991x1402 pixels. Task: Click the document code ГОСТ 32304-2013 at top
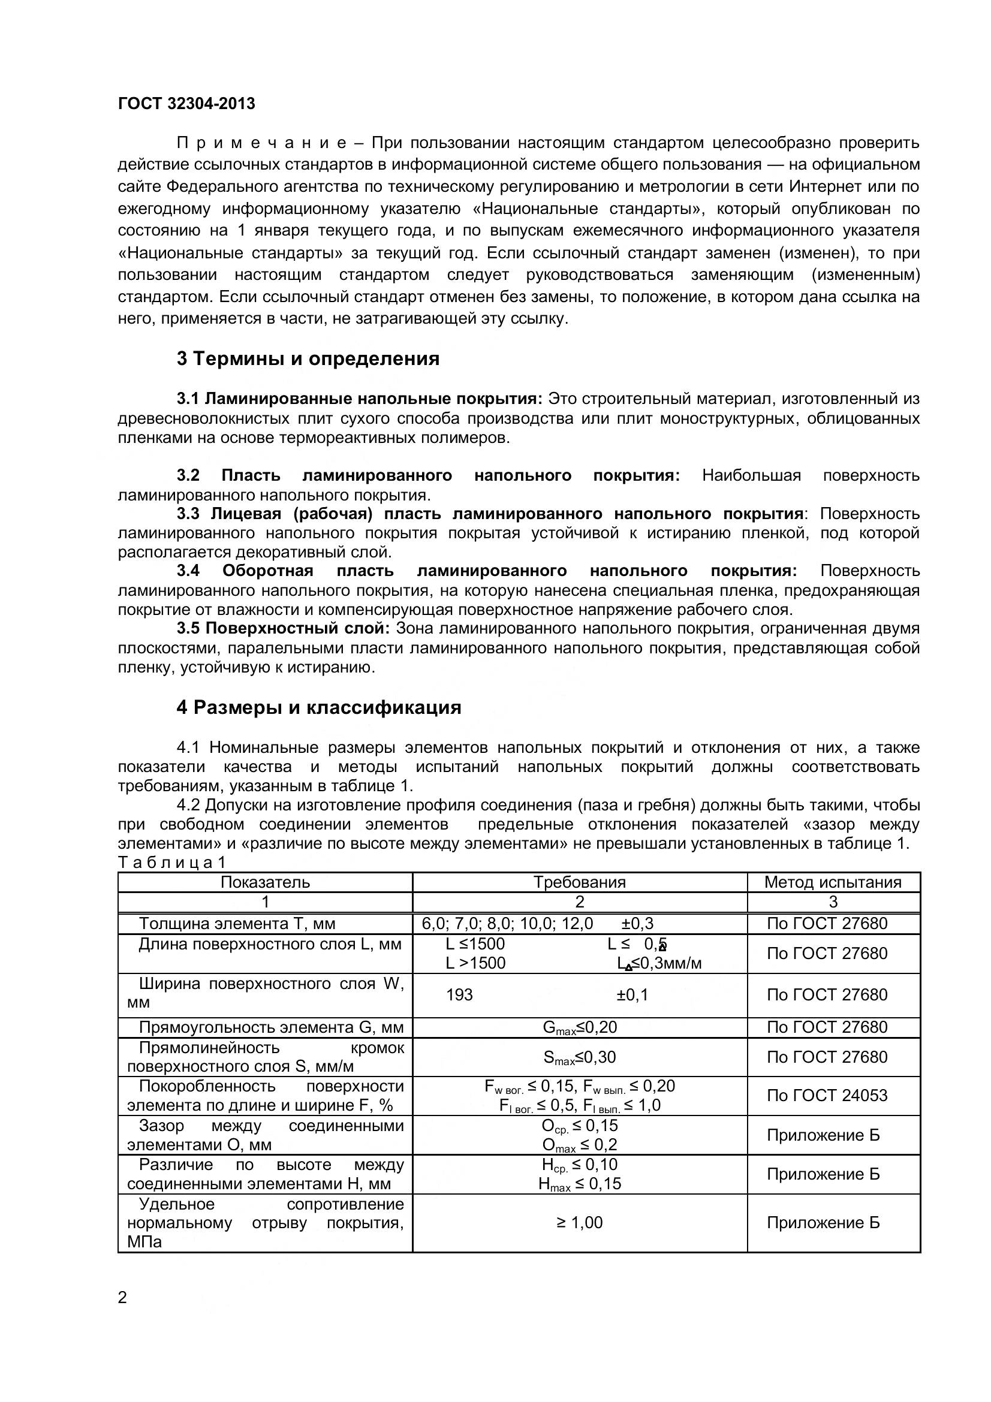pyautogui.click(x=186, y=104)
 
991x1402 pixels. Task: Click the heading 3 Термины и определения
pyautogui.click(x=308, y=358)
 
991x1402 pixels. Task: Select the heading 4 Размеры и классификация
pyautogui.click(x=319, y=707)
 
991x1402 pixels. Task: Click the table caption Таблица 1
pyautogui.click(x=172, y=862)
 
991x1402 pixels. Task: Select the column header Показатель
pyautogui.click(x=265, y=882)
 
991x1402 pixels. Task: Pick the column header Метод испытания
pyautogui.click(x=833, y=882)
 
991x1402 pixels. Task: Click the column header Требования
pyautogui.click(x=580, y=882)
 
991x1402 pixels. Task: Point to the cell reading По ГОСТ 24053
pyautogui.click(x=827, y=1096)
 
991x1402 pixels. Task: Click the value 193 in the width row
pyautogui.click(x=459, y=995)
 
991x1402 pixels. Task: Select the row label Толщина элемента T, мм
pyautogui.click(x=237, y=923)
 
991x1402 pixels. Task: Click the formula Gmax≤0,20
pyautogui.click(x=580, y=1028)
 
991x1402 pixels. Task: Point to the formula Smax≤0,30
pyautogui.click(x=580, y=1057)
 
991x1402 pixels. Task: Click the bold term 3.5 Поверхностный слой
pyautogui.click(x=284, y=628)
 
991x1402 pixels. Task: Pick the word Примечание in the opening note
pyautogui.click(x=262, y=143)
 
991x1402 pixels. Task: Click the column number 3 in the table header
pyautogui.click(x=833, y=902)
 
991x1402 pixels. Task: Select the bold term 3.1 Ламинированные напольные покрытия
pyautogui.click(x=360, y=399)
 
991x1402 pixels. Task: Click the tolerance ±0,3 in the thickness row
pyautogui.click(x=637, y=923)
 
